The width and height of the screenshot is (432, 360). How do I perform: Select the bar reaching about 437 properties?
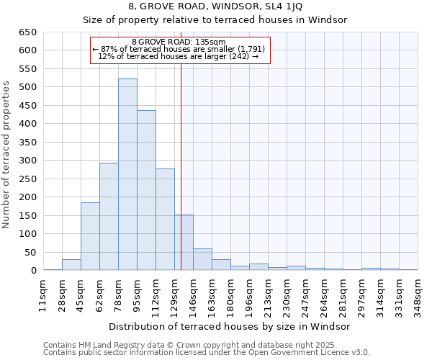[146, 190]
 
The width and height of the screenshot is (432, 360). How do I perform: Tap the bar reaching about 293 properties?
[109, 216]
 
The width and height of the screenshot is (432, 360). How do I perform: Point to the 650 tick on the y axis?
[28, 32]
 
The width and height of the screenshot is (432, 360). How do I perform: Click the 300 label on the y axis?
[28, 161]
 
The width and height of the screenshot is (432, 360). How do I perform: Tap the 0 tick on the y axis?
[34, 271]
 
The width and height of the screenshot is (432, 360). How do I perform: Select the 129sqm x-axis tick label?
[175, 294]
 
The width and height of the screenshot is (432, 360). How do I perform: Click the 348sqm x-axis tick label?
[418, 294]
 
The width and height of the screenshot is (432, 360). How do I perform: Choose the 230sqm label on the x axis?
[287, 294]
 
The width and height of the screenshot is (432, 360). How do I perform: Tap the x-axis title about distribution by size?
[230, 326]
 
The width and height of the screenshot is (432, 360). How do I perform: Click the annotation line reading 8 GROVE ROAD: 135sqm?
[179, 42]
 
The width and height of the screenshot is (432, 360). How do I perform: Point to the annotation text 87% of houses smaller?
[179, 48]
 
